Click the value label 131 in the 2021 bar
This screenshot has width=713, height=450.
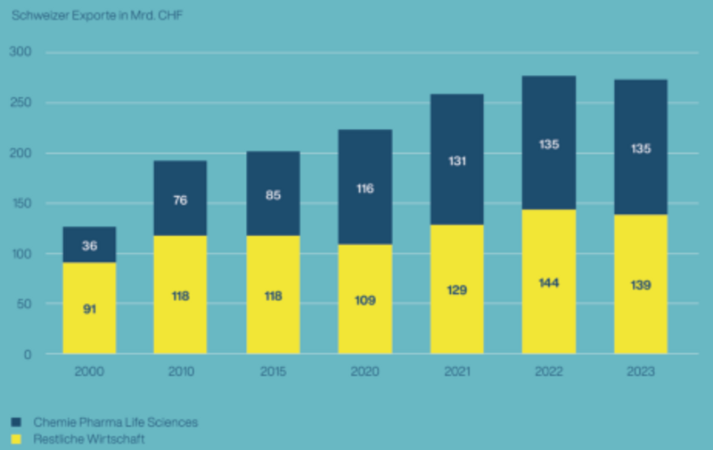pos(457,161)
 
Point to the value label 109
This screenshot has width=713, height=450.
pos(365,300)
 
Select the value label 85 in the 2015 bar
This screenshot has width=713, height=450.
pos(273,195)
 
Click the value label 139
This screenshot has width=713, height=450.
pos(641,285)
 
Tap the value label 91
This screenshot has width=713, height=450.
pos(89,309)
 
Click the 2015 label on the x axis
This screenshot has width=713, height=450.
pos(273,371)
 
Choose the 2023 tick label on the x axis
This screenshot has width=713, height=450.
pos(641,371)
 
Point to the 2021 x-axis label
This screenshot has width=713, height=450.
pos(457,371)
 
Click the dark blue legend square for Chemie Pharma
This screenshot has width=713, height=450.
pos(16,421)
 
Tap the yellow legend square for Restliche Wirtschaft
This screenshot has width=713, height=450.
pos(16,438)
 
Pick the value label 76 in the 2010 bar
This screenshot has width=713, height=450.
pos(181,200)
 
